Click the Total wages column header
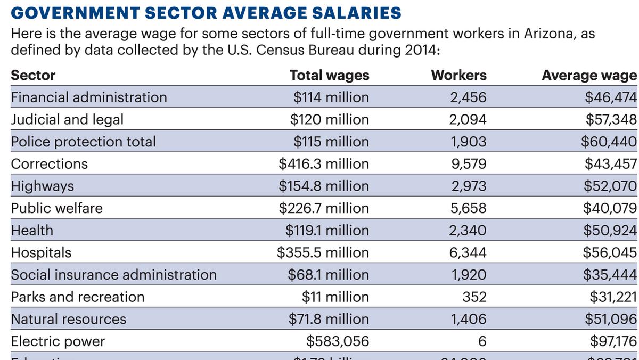tap(329, 75)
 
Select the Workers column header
tap(458, 75)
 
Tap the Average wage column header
tap(589, 75)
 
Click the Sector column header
tap(33, 75)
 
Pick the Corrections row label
tap(50, 163)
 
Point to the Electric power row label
tap(58, 341)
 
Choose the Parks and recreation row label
tap(78, 297)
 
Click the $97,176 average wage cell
tap(611, 341)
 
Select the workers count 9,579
tap(469, 163)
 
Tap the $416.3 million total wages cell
tap(324, 163)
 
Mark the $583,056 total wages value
tap(338, 341)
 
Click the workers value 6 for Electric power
tap(482, 341)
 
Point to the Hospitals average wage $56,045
tap(611, 252)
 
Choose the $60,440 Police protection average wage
tap(611, 142)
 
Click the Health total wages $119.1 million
tap(327, 230)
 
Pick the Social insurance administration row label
tap(114, 275)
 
